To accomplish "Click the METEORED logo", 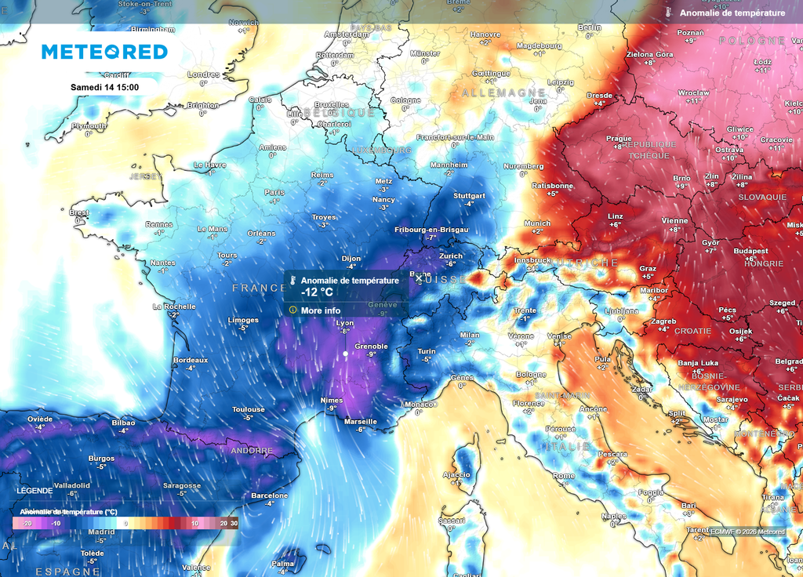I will tap(104, 52).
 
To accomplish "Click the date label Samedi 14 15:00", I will tap(104, 87).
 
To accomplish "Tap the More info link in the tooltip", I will tap(320, 310).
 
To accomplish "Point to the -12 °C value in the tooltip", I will tap(318, 292).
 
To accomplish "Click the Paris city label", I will tap(274, 192).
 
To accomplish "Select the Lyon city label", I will tap(344, 323).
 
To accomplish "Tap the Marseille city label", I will tap(361, 421).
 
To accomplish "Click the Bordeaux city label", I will tap(191, 361).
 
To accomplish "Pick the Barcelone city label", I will tap(269, 495).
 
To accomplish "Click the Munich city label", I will tap(537, 223).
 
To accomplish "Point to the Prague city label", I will tap(619, 139).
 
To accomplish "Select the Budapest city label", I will tap(750, 251).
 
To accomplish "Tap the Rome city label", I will tap(564, 476).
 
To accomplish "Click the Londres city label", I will tap(203, 75).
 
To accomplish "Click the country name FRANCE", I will tap(260, 288).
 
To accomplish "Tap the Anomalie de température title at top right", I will tap(732, 13).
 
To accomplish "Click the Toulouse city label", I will tap(248, 409).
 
